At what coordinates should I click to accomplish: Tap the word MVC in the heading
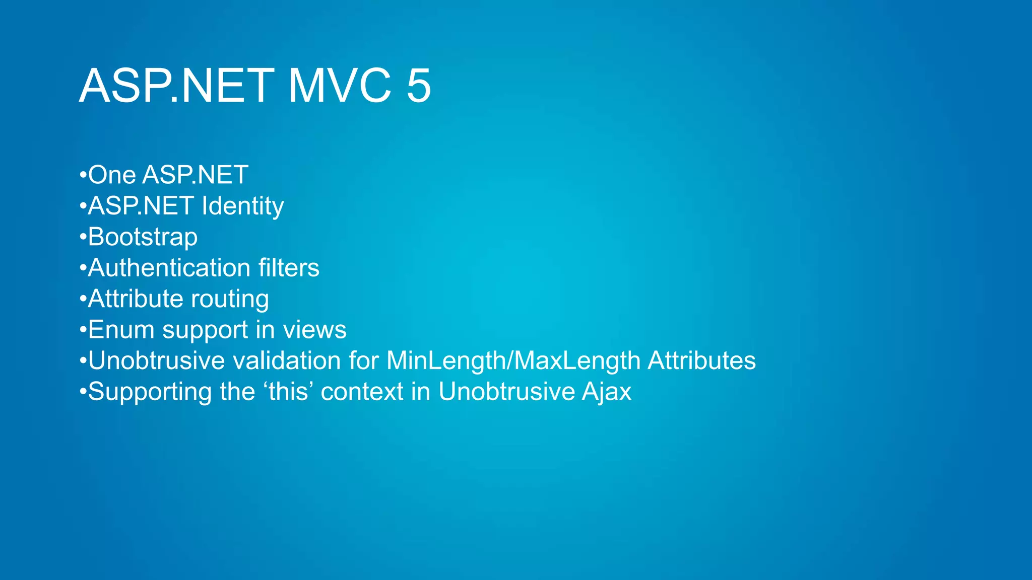pyautogui.click(x=339, y=86)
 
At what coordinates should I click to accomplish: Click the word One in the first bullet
pyautogui.click(x=112, y=175)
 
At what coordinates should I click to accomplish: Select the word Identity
pyautogui.click(x=242, y=206)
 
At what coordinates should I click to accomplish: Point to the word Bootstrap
pyautogui.click(x=143, y=237)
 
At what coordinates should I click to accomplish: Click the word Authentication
pyautogui.click(x=169, y=268)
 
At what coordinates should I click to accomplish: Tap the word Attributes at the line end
pyautogui.click(x=701, y=361)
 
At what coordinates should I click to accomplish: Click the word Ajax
pyautogui.click(x=606, y=392)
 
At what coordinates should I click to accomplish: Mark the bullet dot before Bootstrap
pyautogui.click(x=83, y=238)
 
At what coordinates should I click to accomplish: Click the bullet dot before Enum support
pyautogui.click(x=83, y=330)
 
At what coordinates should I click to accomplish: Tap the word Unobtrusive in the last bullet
pyautogui.click(x=506, y=392)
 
